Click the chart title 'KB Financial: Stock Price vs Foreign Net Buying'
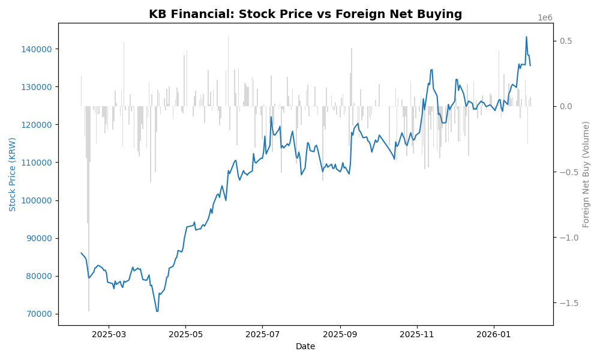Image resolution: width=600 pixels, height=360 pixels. pyautogui.click(x=305, y=14)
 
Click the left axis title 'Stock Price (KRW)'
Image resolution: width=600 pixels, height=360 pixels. pyautogui.click(x=13, y=174)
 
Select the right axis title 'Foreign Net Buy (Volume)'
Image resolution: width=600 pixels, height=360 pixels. pyautogui.click(x=586, y=174)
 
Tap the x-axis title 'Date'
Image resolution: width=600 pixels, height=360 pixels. pyautogui.click(x=305, y=346)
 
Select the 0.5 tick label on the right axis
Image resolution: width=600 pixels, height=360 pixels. pyautogui.click(x=566, y=41)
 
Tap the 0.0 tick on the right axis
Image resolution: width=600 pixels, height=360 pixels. pyautogui.click(x=566, y=106)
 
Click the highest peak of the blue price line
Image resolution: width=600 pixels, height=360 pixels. pyautogui.click(x=527, y=37)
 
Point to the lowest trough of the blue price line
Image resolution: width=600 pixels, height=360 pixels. pyautogui.click(x=157, y=311)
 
